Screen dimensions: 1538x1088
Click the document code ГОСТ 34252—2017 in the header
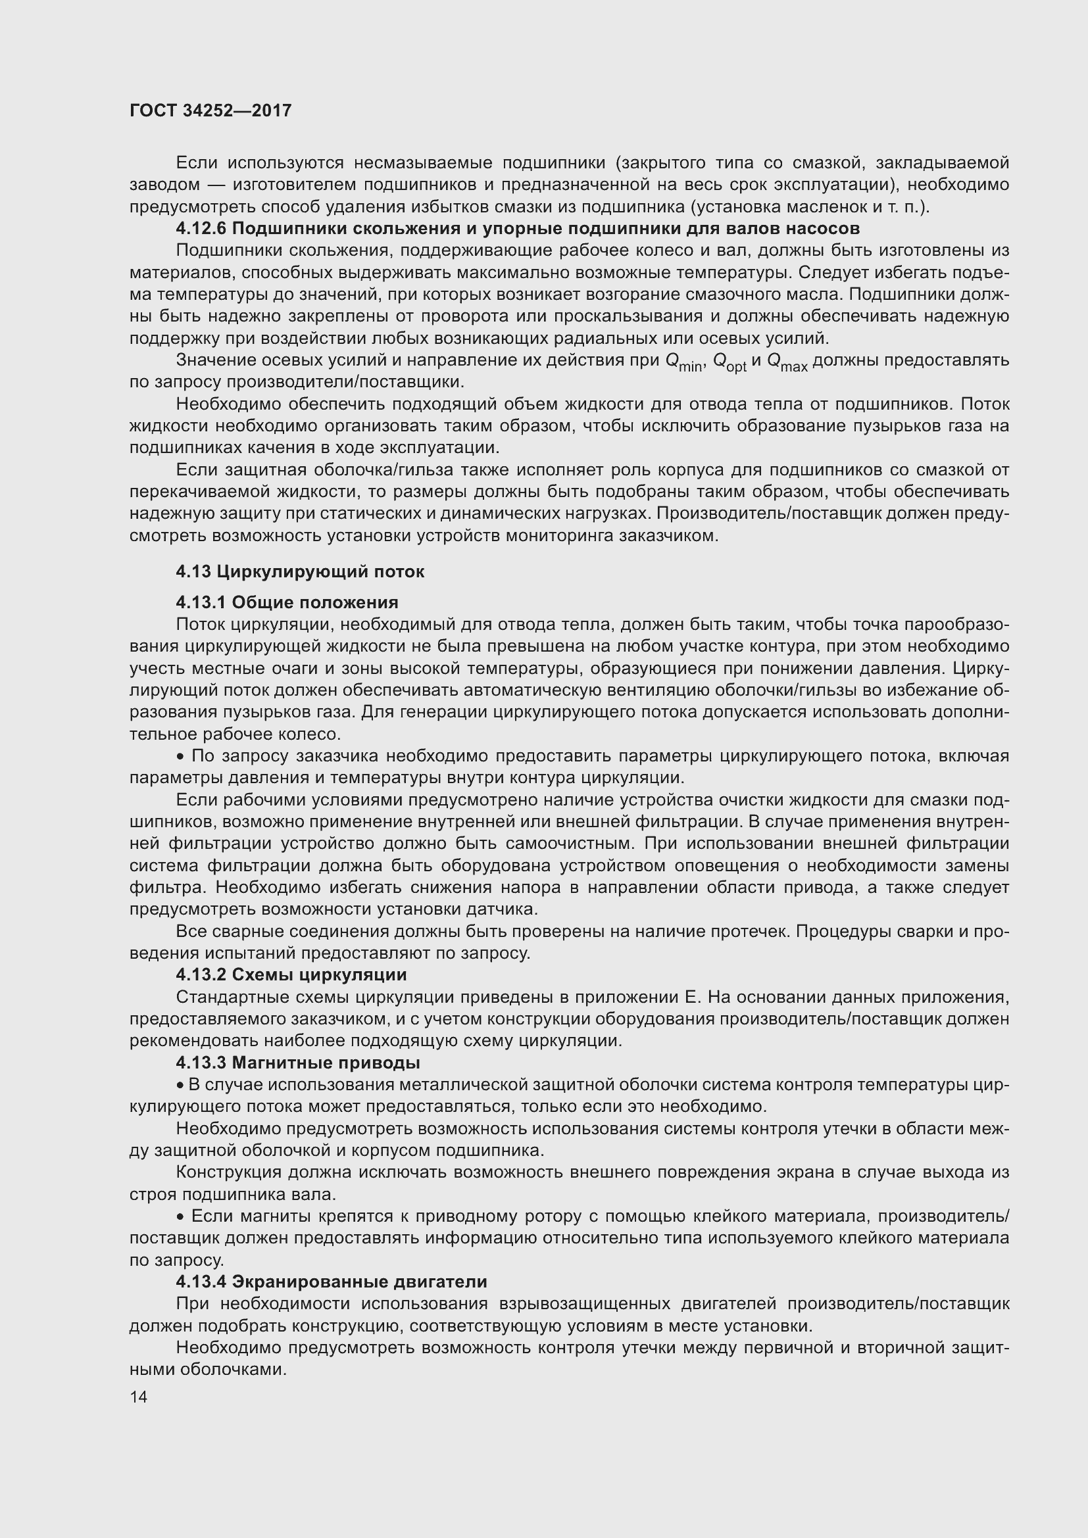(x=210, y=110)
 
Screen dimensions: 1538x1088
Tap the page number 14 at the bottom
(x=139, y=1397)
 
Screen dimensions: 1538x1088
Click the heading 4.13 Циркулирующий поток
(x=299, y=571)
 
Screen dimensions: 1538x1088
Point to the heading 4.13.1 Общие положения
(x=287, y=602)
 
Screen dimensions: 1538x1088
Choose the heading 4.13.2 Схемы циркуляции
(x=291, y=974)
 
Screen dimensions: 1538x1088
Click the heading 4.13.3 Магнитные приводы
(x=297, y=1063)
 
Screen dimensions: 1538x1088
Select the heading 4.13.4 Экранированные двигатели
(x=331, y=1282)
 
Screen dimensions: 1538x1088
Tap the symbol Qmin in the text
(x=683, y=362)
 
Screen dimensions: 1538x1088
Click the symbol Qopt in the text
(x=729, y=362)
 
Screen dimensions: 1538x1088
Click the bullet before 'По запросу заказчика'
(x=180, y=757)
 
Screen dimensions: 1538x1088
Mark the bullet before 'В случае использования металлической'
(x=180, y=1085)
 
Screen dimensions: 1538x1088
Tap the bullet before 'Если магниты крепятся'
(x=180, y=1216)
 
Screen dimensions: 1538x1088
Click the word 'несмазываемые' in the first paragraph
(x=423, y=163)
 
